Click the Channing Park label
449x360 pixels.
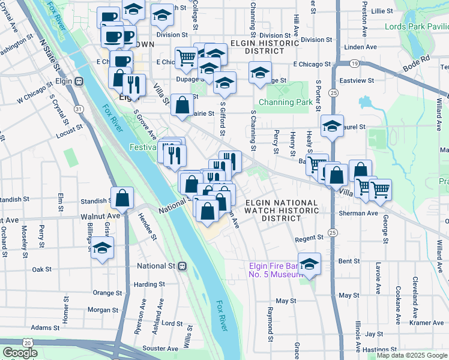click(285, 102)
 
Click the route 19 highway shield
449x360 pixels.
click(355, 63)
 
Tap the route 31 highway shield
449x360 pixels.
click(78, 109)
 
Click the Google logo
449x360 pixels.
click(20, 353)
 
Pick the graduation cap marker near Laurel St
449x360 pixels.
click(332, 126)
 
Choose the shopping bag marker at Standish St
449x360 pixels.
click(122, 197)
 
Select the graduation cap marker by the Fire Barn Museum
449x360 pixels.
click(309, 264)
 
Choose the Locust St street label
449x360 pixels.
click(69, 129)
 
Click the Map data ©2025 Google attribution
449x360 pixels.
click(412, 355)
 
